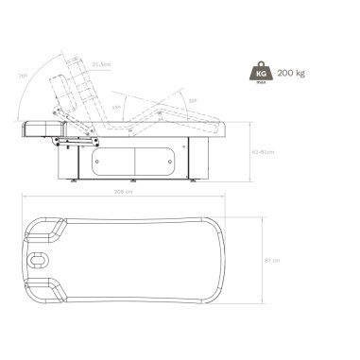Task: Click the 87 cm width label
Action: point(275,260)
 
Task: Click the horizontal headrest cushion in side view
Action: point(39,125)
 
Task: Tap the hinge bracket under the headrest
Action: point(68,139)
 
